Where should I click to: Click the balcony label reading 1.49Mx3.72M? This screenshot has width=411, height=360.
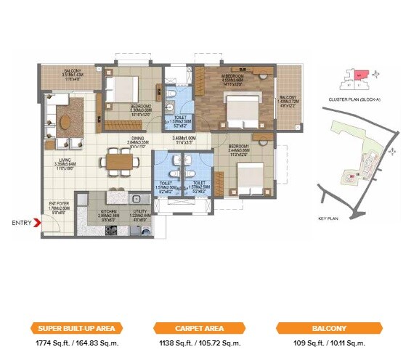click(288, 102)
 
